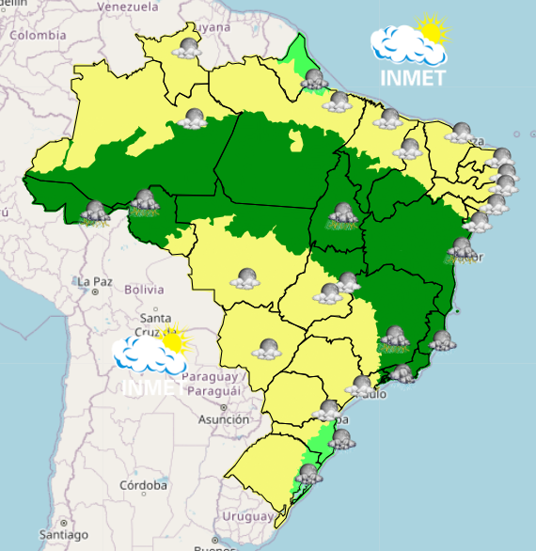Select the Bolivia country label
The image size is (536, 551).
(x=145, y=289)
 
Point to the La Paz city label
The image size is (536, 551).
(x=95, y=281)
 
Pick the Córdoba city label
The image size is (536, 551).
(x=147, y=486)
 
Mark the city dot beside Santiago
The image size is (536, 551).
(x=61, y=523)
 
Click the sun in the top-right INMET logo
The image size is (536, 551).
(x=432, y=31)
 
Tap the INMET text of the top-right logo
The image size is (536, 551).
(x=413, y=78)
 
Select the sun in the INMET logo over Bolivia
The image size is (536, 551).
(x=171, y=338)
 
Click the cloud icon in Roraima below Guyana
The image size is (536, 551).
(x=186, y=47)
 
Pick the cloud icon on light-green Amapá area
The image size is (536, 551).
(x=314, y=81)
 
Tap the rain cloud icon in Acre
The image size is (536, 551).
(x=95, y=213)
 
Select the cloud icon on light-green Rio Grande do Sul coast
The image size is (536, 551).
(x=307, y=473)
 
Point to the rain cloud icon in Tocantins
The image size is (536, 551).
(x=341, y=217)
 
